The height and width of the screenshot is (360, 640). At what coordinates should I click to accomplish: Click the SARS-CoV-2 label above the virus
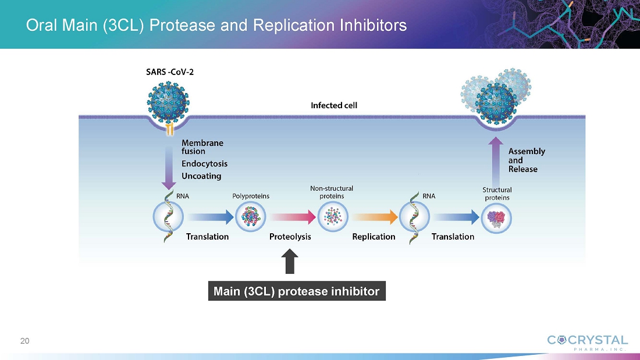click(169, 73)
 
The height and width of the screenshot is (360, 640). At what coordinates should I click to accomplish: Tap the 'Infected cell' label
click(334, 105)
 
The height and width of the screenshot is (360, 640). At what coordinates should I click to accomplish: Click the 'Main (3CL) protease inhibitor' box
click(297, 291)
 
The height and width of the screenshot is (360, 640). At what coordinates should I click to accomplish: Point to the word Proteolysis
click(290, 237)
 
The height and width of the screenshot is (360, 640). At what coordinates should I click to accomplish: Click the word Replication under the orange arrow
click(374, 237)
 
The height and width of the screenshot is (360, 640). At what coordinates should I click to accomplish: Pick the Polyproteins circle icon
click(251, 217)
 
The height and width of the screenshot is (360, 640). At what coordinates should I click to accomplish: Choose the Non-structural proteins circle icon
click(332, 217)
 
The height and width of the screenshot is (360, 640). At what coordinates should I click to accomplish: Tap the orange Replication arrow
click(374, 217)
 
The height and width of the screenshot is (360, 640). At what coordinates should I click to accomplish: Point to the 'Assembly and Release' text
click(527, 160)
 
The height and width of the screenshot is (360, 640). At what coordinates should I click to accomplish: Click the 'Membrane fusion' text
click(202, 147)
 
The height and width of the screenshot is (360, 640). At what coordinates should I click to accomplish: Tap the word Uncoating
click(201, 176)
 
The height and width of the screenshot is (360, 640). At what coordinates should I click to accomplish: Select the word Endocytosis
click(204, 163)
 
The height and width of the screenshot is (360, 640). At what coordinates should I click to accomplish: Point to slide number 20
click(24, 341)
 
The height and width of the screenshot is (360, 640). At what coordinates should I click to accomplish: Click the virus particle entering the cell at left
click(169, 101)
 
